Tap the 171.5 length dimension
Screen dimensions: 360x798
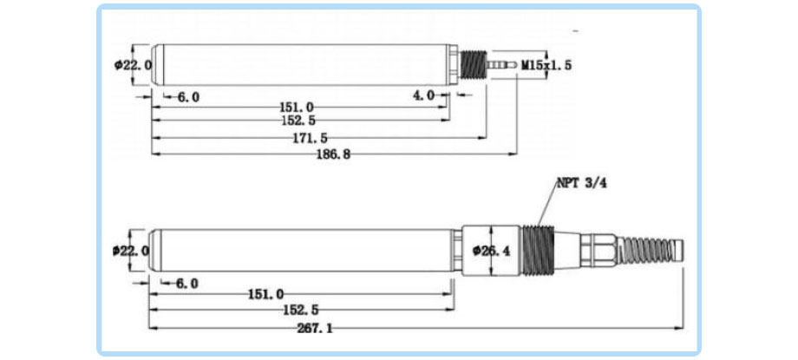(x=311, y=138)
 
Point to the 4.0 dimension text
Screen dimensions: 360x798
(x=423, y=95)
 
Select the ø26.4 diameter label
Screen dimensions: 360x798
(x=493, y=252)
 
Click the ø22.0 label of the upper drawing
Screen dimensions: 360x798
(x=133, y=65)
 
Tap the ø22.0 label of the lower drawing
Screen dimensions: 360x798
(x=131, y=251)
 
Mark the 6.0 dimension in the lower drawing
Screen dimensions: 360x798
(x=186, y=283)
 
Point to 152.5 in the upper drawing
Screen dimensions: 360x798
(x=297, y=121)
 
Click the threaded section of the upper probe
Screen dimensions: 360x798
(x=472, y=65)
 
